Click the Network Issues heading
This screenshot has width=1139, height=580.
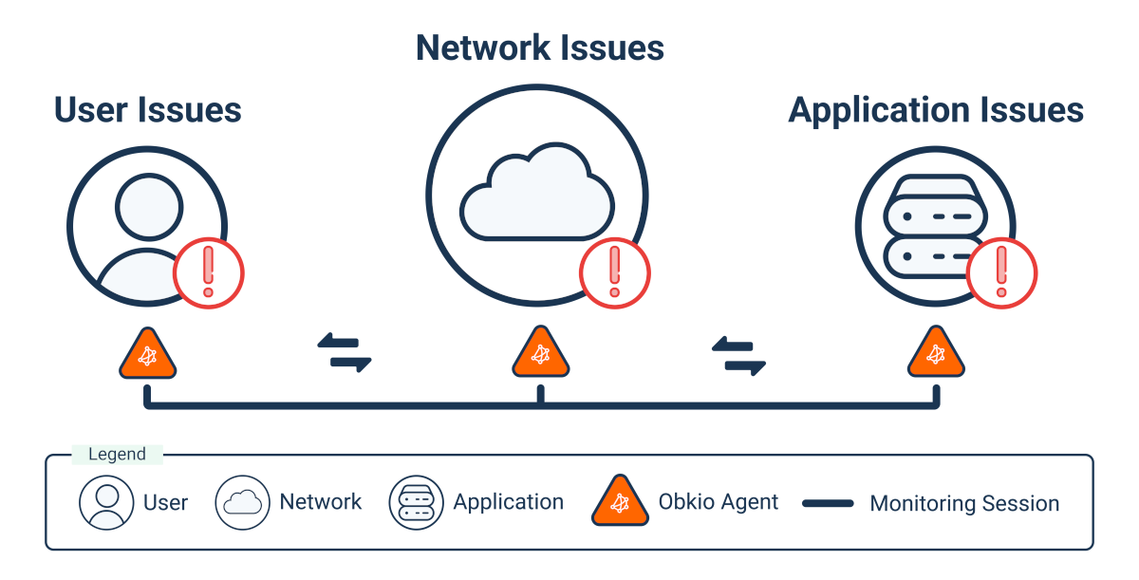(539, 47)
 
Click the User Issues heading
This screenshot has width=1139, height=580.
(147, 110)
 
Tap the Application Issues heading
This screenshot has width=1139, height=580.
(935, 111)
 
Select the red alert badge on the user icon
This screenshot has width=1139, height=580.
(209, 273)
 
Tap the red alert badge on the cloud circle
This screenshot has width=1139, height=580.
(615, 273)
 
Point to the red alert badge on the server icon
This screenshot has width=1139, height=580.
(1001, 273)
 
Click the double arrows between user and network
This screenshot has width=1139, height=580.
(344, 353)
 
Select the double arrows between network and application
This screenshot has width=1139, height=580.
(738, 356)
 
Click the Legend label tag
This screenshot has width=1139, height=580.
(118, 455)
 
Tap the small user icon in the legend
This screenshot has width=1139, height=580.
(106, 501)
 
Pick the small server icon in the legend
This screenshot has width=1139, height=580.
(416, 501)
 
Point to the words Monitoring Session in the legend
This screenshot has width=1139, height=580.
(963, 504)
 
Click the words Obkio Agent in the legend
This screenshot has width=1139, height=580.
(718, 502)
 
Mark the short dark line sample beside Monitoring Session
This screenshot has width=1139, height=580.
(828, 504)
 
